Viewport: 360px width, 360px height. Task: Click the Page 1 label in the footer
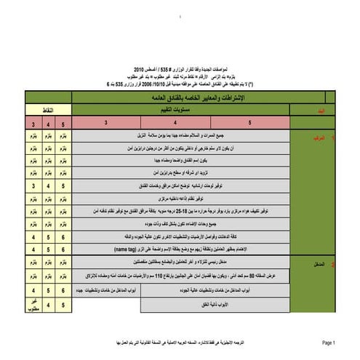[328, 341]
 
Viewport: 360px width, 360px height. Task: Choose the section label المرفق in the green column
[317, 135]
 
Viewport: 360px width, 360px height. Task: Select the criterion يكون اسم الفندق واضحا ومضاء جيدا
[182, 159]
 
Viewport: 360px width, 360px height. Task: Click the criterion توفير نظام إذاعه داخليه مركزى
[181, 198]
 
